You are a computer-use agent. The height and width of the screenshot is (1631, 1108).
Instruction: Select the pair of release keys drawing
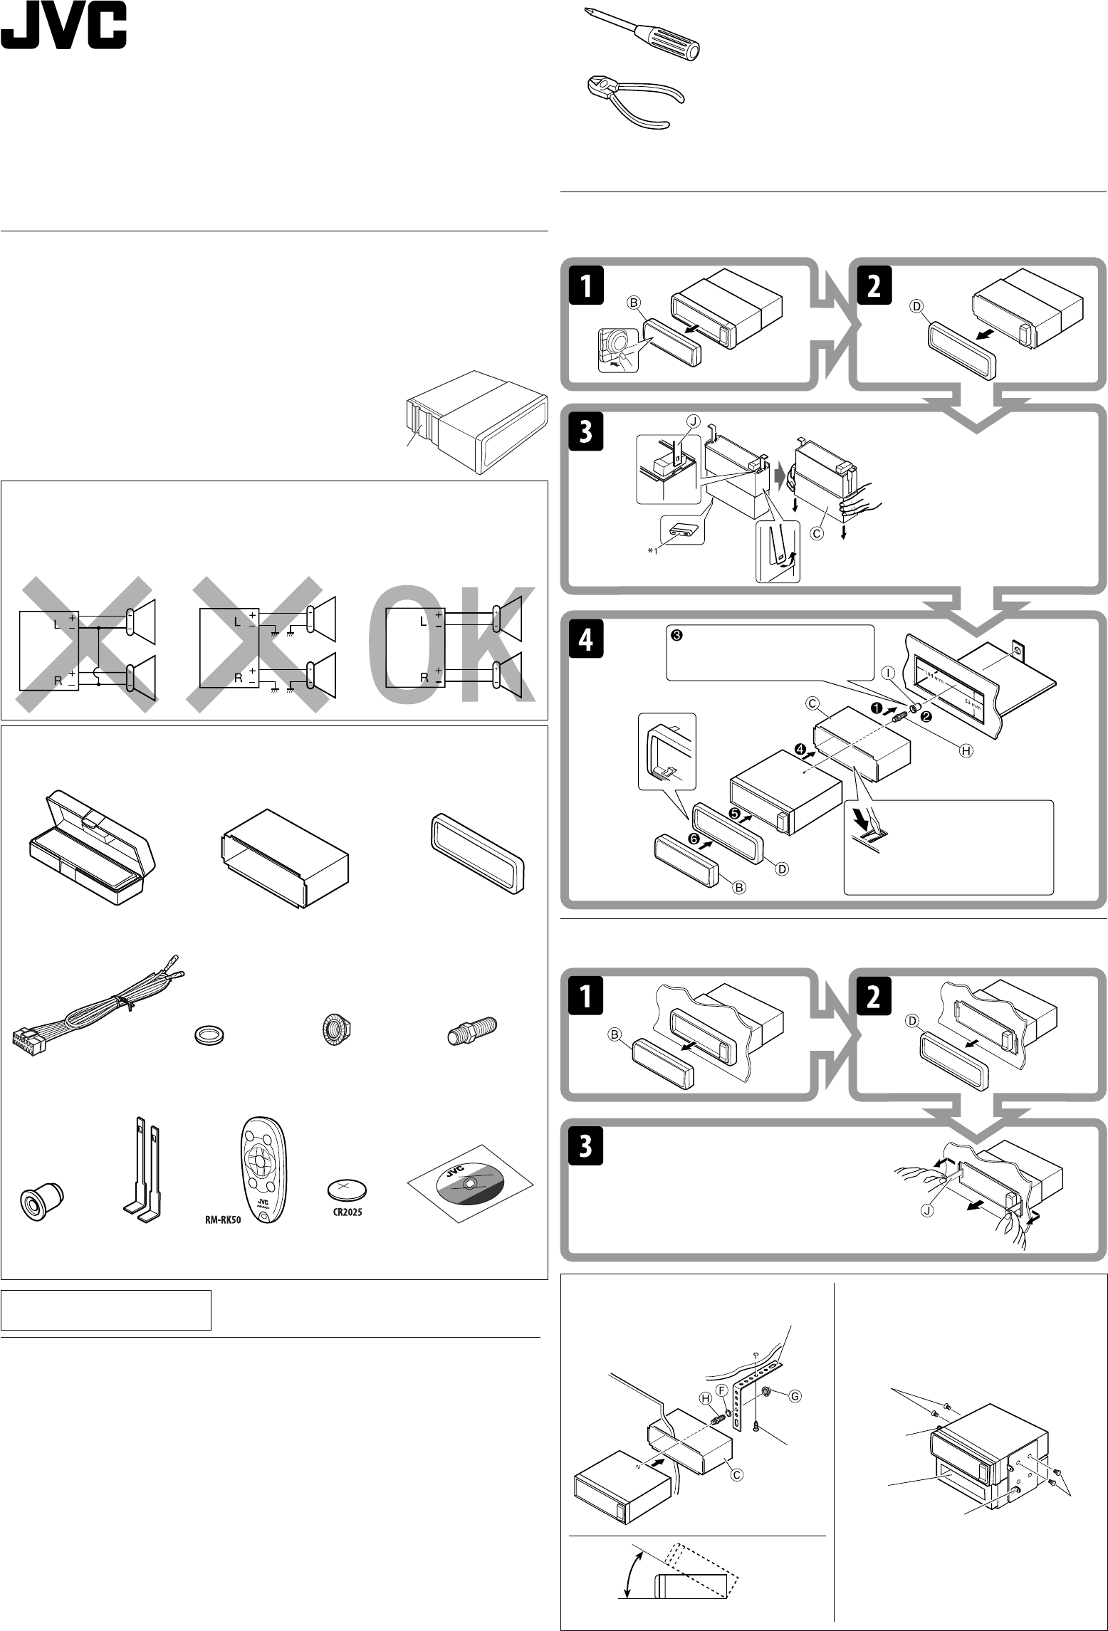pos(145,1168)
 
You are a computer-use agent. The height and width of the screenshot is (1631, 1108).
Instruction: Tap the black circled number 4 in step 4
pos(801,749)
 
